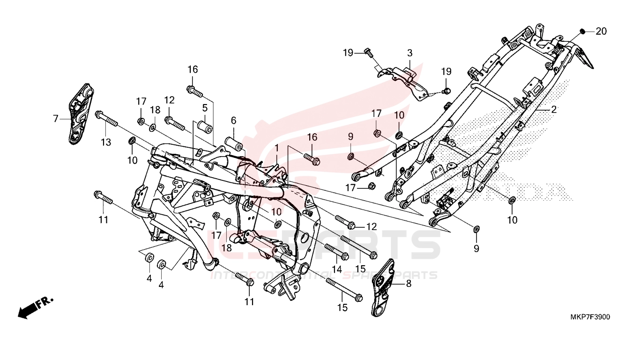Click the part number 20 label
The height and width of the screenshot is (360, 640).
[x=601, y=31]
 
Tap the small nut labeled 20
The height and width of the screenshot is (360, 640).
[x=582, y=31]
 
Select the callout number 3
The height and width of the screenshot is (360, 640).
[x=409, y=53]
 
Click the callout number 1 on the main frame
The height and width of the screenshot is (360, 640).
[x=277, y=148]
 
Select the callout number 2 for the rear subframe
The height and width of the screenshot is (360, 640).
[x=553, y=110]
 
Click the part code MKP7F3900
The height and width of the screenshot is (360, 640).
[x=590, y=317]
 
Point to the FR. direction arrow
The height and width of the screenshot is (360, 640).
[x=36, y=307]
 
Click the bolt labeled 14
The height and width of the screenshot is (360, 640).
[x=336, y=251]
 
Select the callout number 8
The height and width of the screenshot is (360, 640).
[x=408, y=283]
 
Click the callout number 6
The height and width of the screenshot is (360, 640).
[x=233, y=120]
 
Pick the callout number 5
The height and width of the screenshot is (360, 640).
[x=205, y=108]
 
